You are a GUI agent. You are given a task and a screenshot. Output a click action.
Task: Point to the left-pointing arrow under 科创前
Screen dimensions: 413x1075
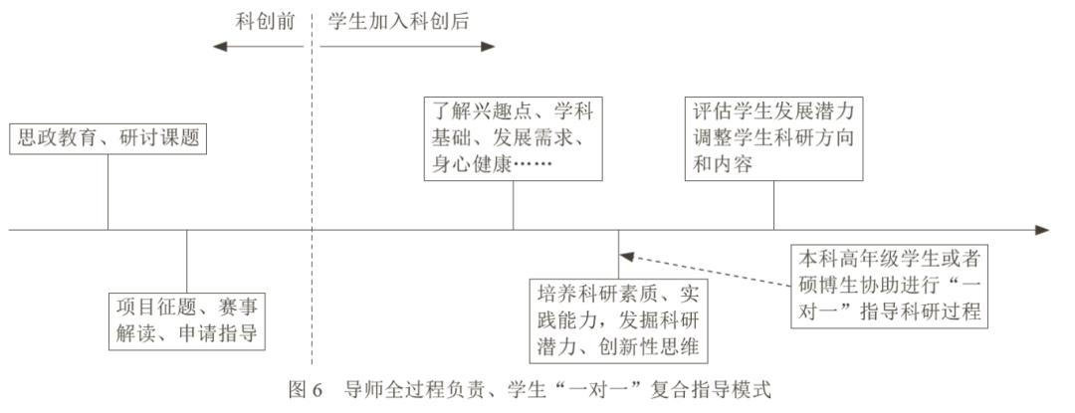[x=253, y=46]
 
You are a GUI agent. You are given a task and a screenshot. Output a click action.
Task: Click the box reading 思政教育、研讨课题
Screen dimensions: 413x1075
[x=107, y=138]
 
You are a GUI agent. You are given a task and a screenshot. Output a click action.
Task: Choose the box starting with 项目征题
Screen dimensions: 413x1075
[x=186, y=318]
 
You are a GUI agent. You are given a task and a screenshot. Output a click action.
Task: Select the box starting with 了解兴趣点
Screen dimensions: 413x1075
[x=513, y=137]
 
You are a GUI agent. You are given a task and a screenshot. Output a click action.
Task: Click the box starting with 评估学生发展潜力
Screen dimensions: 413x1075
[x=773, y=137]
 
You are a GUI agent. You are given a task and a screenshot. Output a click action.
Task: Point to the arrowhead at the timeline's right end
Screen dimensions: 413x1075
[x=1041, y=230]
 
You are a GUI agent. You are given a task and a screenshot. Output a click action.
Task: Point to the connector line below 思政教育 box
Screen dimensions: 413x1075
[x=107, y=191]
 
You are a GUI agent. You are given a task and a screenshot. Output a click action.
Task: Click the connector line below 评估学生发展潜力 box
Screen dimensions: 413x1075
[x=773, y=204]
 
